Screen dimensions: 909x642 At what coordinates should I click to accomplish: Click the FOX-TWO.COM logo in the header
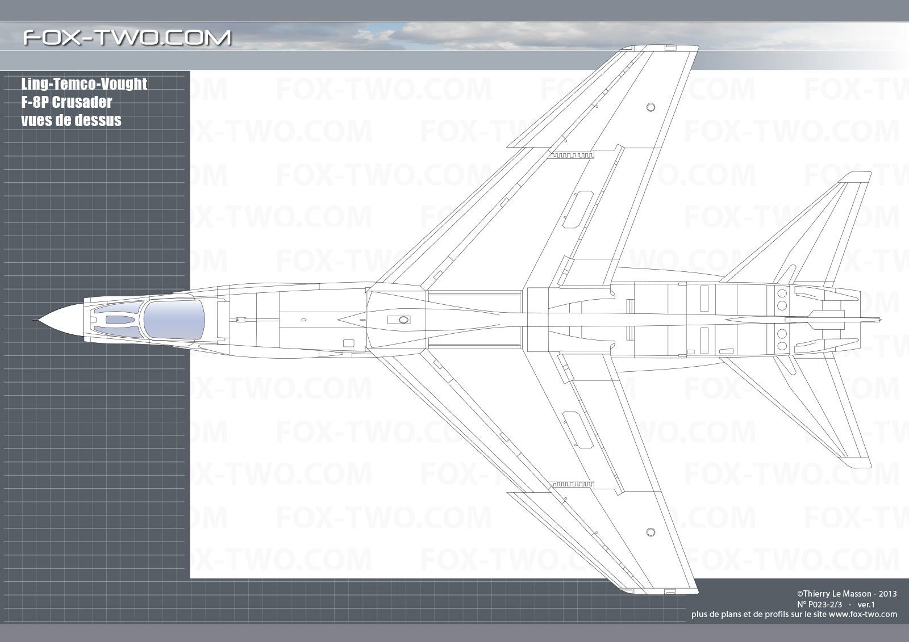(127, 37)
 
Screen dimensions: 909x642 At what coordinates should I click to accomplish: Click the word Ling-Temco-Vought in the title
(84, 84)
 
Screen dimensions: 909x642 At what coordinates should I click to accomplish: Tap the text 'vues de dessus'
(71, 120)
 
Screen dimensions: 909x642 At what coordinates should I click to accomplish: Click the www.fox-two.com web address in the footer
(863, 614)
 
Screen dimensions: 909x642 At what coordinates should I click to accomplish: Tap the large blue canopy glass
(174, 319)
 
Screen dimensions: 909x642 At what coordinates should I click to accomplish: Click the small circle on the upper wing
(651, 107)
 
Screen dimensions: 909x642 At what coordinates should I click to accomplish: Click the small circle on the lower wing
(651, 532)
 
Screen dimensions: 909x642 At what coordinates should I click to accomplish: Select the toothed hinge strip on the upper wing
(572, 155)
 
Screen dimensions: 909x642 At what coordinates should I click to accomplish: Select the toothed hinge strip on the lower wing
(572, 484)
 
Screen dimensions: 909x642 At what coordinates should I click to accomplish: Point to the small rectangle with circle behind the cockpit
(399, 320)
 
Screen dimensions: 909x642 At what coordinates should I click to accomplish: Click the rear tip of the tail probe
(881, 320)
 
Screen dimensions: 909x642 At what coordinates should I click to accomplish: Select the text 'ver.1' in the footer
(866, 604)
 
